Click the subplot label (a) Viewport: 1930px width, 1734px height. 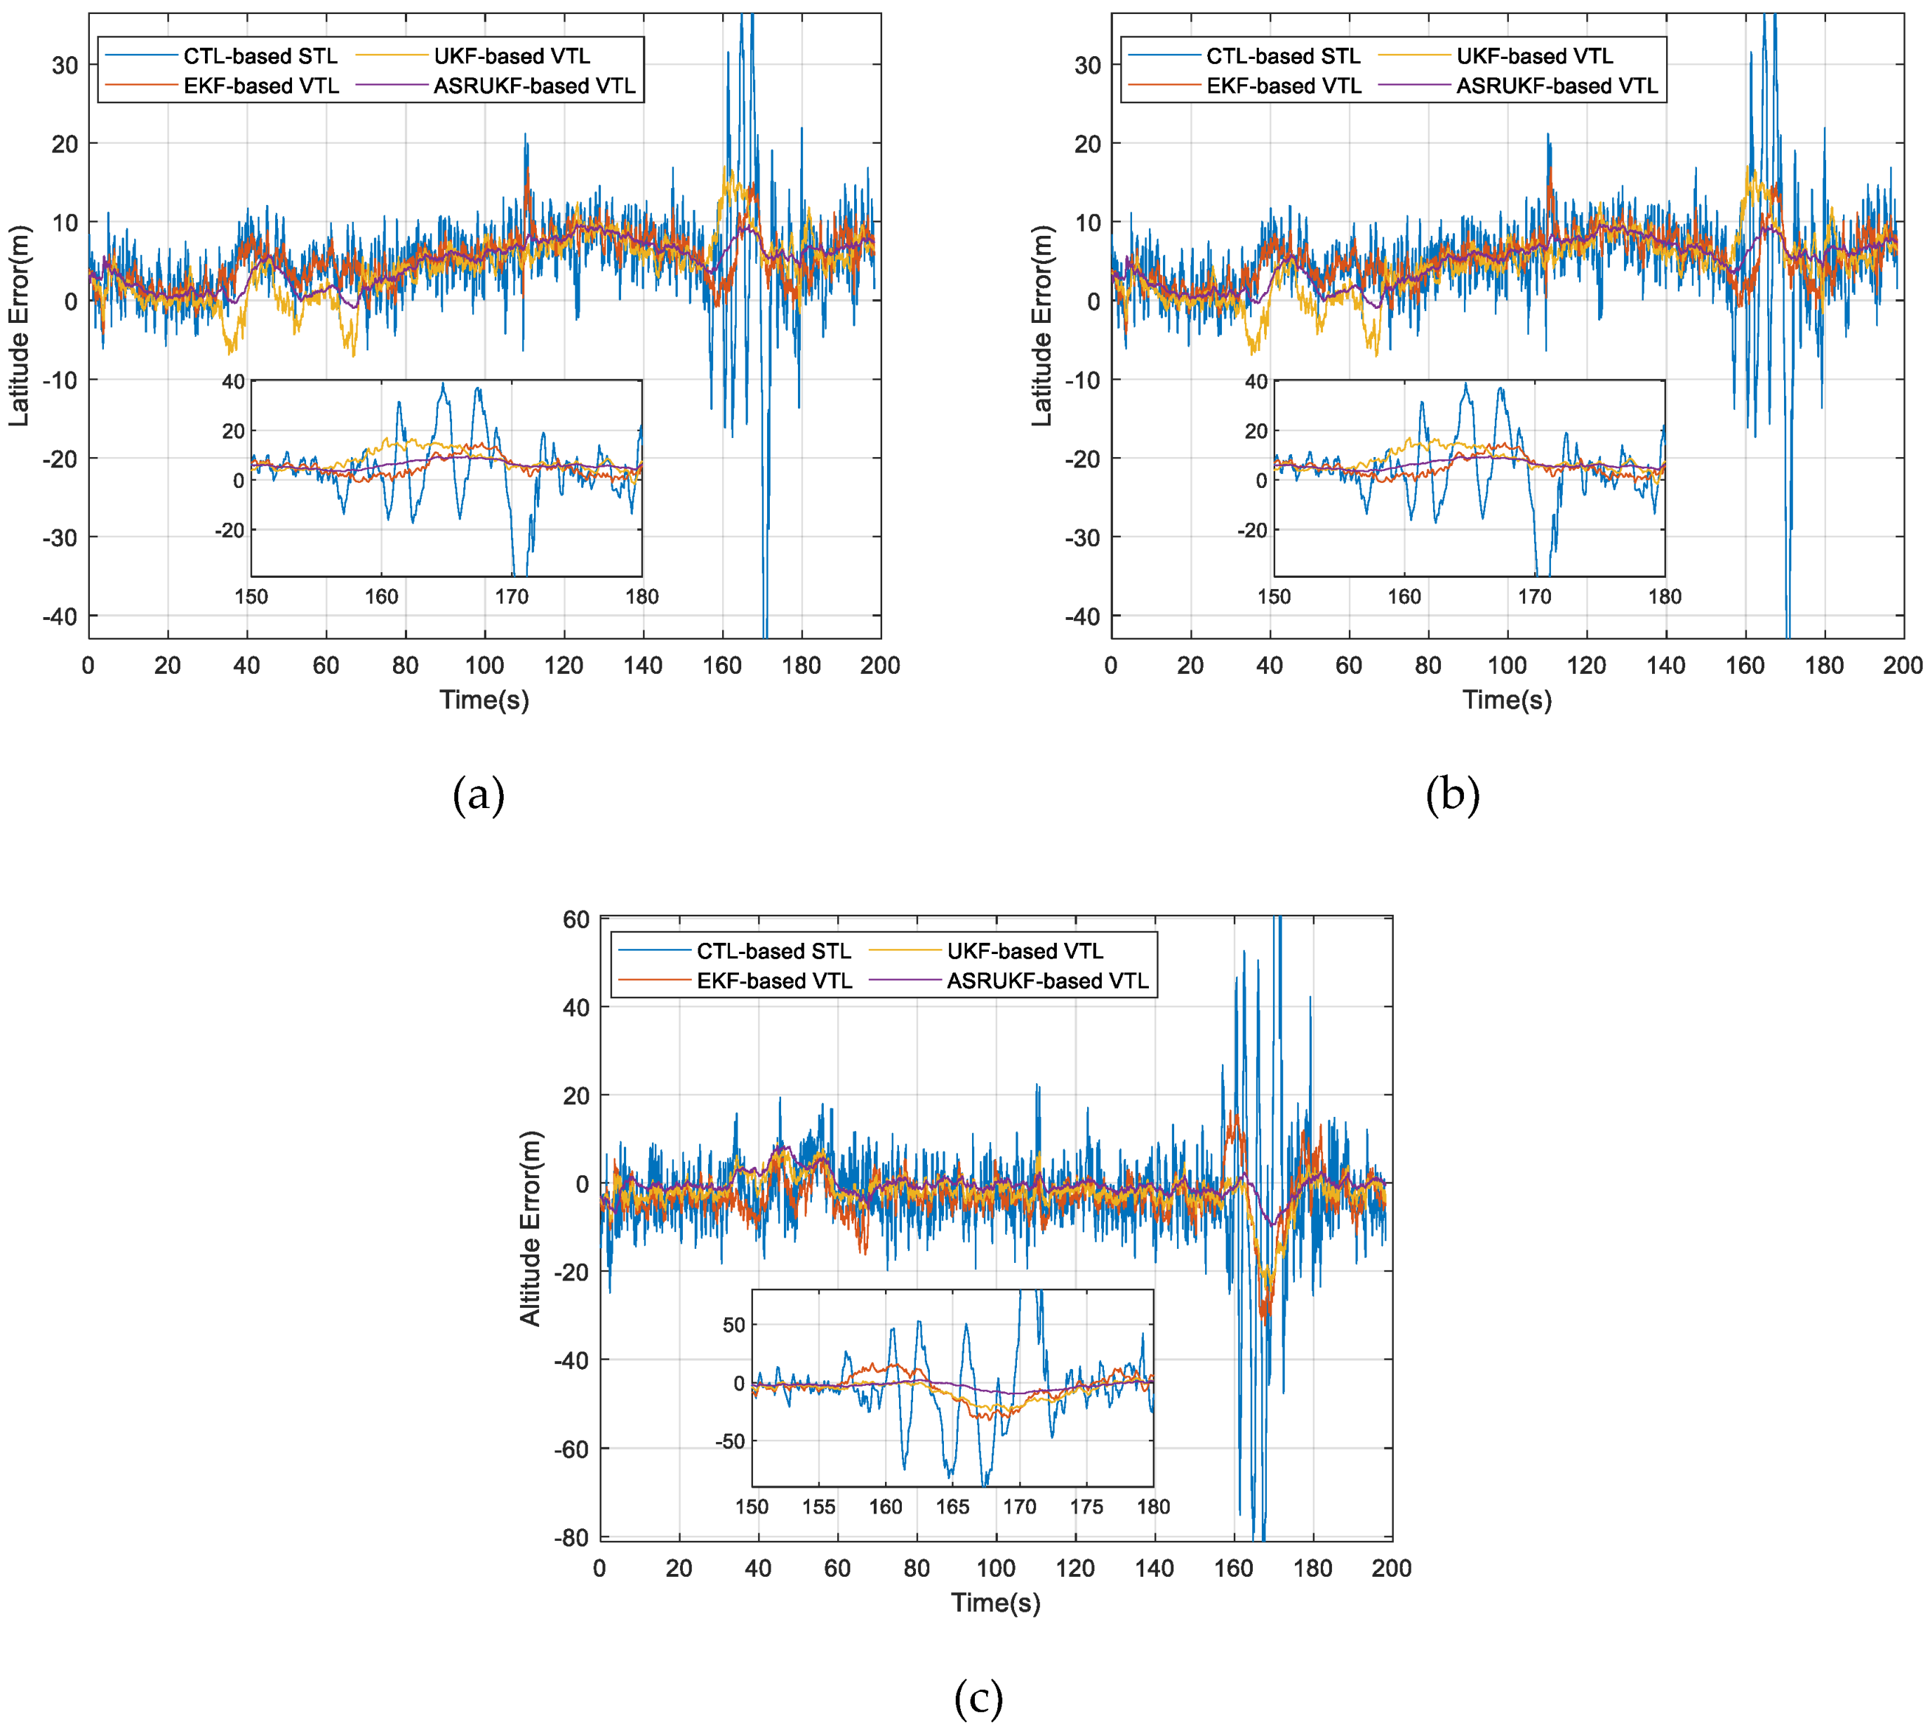point(478,795)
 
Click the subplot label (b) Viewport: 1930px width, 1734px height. point(1452,795)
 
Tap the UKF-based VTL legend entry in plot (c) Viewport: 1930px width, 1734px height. point(1024,951)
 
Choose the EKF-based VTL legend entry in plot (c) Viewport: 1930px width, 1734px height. point(773,981)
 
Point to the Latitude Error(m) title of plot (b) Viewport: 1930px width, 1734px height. point(1041,326)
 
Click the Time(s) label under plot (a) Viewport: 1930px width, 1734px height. point(484,701)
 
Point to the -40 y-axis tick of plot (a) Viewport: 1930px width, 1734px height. point(60,616)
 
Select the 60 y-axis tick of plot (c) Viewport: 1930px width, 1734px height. point(575,920)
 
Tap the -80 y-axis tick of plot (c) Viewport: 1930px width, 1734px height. point(571,1537)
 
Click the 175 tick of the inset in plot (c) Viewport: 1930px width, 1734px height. point(1086,1507)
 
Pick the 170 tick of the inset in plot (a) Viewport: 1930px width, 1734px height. point(512,597)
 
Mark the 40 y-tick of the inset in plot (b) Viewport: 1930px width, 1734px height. point(1256,382)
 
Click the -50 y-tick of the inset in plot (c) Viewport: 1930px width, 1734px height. point(730,1441)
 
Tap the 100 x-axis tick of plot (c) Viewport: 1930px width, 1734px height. point(995,1568)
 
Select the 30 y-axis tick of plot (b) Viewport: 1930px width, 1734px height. point(1087,66)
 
